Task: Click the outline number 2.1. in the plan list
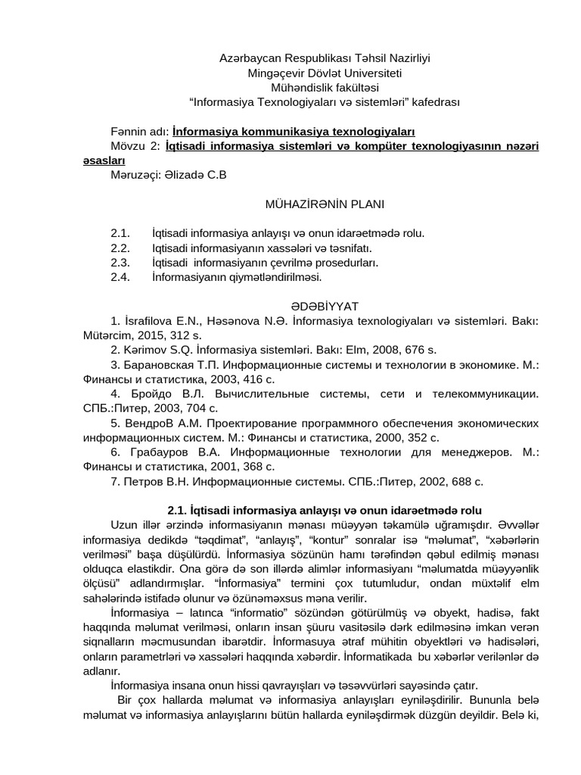pyautogui.click(x=120, y=233)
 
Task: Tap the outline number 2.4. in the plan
pyautogui.click(x=120, y=277)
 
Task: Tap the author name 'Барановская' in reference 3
pyautogui.click(x=158, y=365)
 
